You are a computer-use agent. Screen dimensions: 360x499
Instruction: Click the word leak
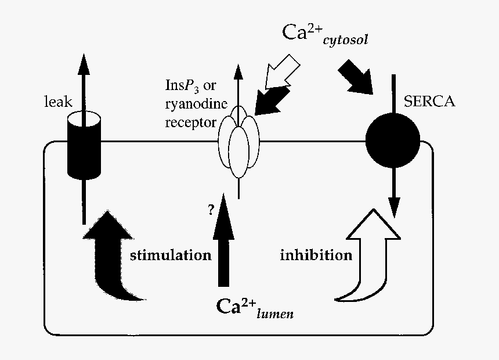pos(59,102)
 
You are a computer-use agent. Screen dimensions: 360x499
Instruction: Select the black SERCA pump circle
pos(393,141)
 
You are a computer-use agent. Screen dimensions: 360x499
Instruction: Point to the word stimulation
pos(170,255)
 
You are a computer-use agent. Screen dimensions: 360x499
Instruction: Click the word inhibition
pos(316,255)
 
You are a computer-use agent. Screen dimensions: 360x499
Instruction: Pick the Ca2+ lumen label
pos(254,307)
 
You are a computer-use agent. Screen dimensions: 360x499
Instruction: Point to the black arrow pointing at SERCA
pos(356,77)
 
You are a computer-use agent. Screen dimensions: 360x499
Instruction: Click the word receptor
pos(190,123)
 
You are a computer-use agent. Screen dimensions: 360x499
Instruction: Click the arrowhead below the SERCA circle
pos(394,208)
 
